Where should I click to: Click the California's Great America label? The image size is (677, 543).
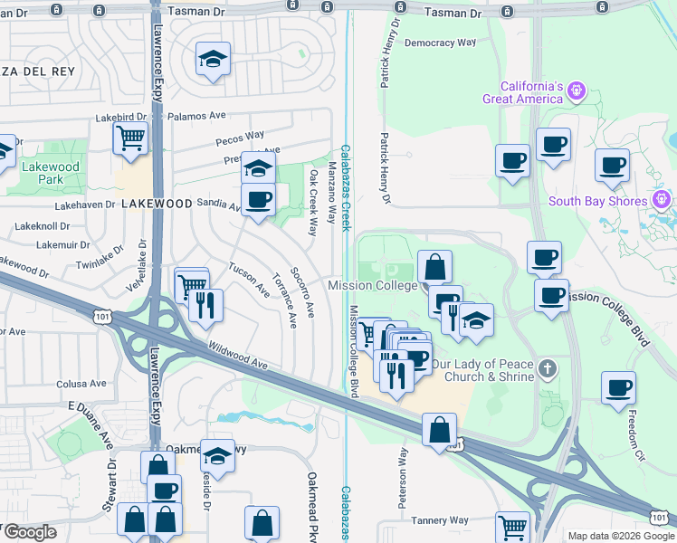(516, 92)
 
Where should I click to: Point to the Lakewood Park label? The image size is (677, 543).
(52, 173)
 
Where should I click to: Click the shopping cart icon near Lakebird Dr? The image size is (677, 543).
(130, 139)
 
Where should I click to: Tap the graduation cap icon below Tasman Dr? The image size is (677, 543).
(214, 60)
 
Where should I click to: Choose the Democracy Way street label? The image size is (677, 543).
(441, 43)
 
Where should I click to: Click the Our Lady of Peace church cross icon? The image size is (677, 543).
(546, 368)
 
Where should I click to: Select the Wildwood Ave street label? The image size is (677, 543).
(239, 355)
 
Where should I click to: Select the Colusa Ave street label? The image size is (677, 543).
(82, 384)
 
